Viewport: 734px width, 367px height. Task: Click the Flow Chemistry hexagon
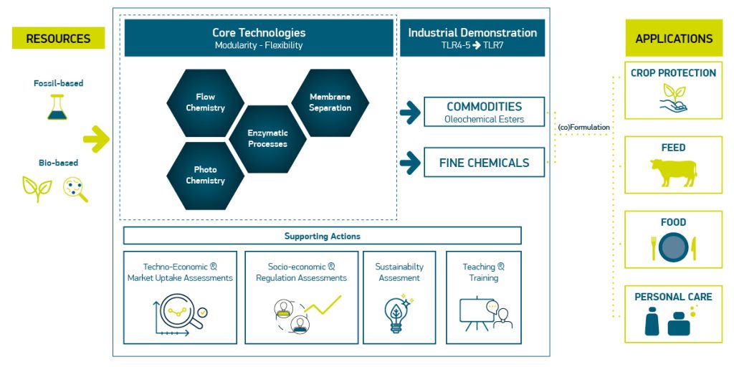tap(206, 103)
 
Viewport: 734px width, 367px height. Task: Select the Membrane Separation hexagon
tap(330, 103)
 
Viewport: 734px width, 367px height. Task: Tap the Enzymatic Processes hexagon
tap(267, 138)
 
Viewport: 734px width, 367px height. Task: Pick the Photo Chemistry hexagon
tap(206, 176)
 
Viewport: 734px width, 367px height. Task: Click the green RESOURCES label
tap(58, 39)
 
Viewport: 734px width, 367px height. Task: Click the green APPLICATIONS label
tap(673, 39)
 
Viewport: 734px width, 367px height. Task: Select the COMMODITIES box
tap(484, 112)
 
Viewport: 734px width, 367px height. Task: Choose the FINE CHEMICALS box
tap(484, 163)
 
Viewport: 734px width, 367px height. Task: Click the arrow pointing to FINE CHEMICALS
tap(410, 163)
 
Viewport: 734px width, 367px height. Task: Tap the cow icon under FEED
tap(673, 173)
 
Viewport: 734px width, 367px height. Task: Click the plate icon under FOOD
tap(673, 247)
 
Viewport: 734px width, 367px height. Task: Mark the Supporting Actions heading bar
tap(322, 236)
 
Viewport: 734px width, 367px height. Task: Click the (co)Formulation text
tap(583, 128)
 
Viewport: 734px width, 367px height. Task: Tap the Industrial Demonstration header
tap(472, 38)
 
